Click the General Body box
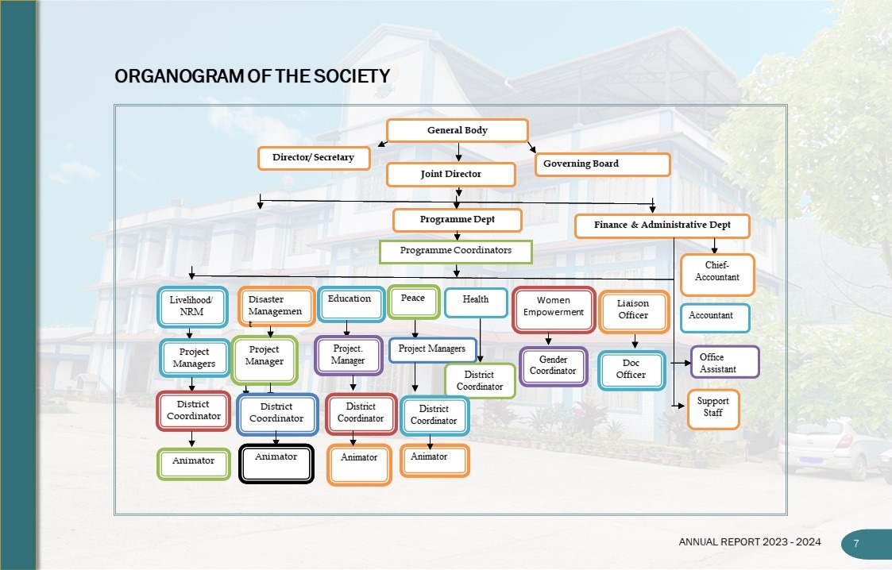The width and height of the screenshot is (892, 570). click(458, 130)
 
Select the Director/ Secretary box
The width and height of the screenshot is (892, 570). click(314, 158)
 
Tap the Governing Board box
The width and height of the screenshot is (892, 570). click(602, 164)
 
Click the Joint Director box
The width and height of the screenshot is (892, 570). click(451, 175)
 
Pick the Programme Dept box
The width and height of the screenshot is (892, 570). click(458, 220)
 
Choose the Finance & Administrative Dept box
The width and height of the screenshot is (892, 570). click(662, 225)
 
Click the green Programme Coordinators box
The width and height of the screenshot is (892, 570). click(456, 252)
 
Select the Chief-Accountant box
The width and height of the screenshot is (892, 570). click(717, 275)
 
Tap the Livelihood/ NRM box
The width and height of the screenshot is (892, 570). click(192, 307)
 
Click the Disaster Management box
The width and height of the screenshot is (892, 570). click(276, 307)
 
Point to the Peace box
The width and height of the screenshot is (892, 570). click(414, 302)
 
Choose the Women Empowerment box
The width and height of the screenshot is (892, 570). click(554, 309)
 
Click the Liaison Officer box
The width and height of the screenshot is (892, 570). click(634, 311)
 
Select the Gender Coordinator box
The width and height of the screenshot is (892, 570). click(553, 367)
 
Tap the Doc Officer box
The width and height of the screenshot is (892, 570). click(631, 371)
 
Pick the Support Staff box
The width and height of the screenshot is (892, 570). click(713, 409)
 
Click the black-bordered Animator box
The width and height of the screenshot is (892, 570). click(276, 464)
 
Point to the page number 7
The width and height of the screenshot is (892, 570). click(856, 544)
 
